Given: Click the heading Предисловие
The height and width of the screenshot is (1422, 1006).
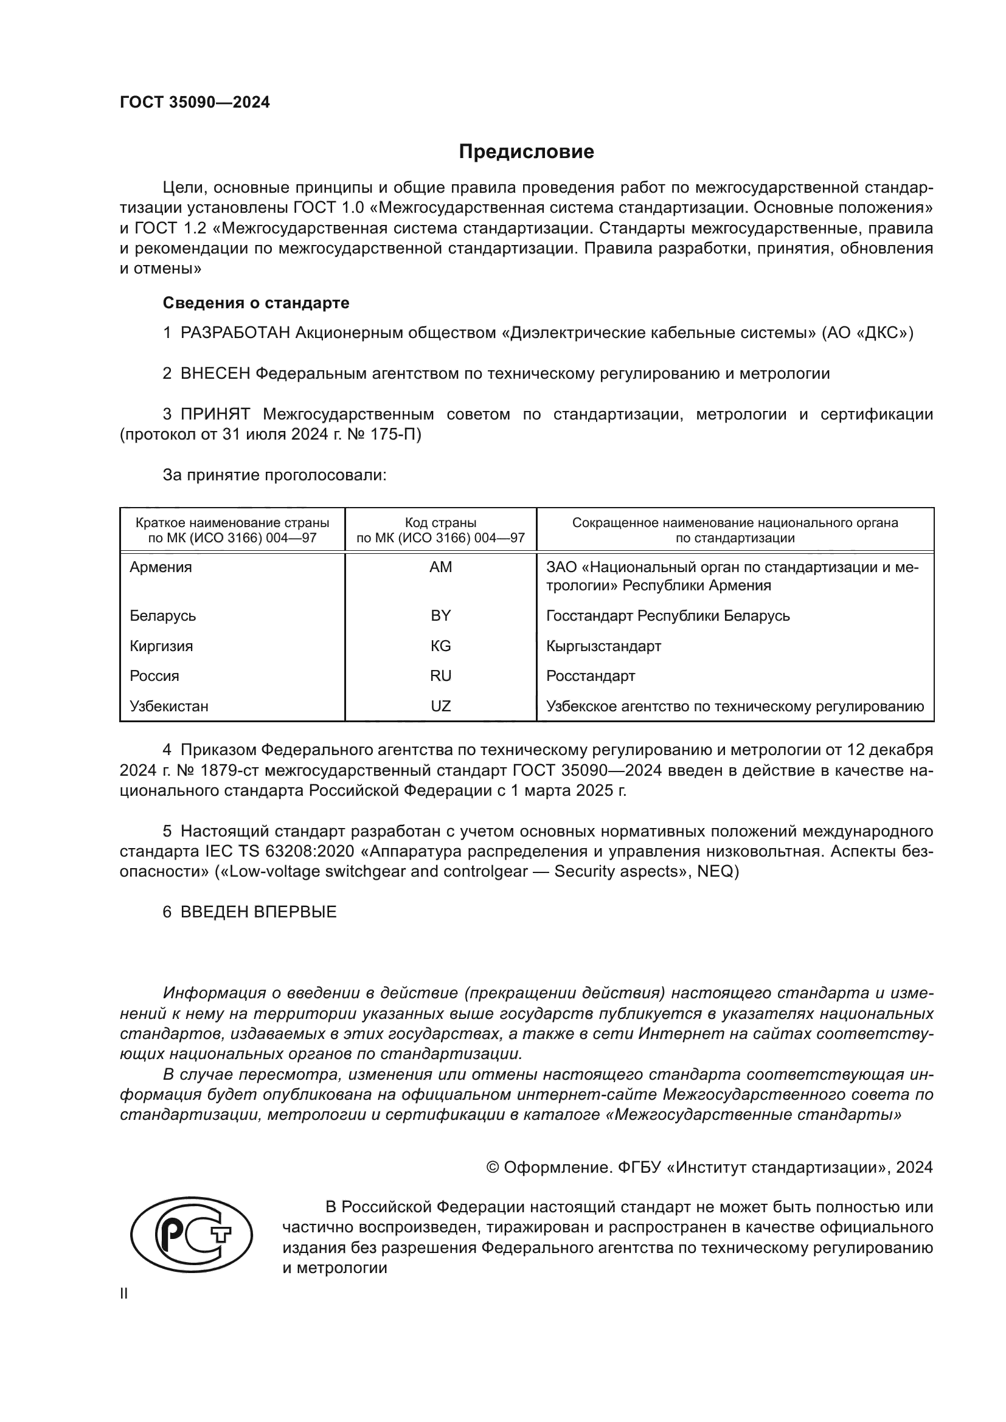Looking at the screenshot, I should (526, 152).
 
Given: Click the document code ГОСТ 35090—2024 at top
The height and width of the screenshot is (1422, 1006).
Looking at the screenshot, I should (195, 102).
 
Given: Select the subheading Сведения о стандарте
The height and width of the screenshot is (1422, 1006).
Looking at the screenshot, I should (255, 303).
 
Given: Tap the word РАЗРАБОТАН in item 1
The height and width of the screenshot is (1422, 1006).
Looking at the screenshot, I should (235, 333).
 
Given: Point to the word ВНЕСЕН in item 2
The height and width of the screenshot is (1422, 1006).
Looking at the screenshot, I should (215, 373).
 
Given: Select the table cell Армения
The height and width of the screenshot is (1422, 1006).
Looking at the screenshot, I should (161, 567).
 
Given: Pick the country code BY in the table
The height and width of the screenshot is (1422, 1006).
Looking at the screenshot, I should (440, 616).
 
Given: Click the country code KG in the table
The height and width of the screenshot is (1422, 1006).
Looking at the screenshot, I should (440, 646).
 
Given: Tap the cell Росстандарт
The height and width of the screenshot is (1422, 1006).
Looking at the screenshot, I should (591, 675).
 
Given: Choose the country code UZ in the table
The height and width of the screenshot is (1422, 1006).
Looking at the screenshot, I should (440, 706).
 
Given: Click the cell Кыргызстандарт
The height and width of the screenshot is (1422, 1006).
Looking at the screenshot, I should (603, 646).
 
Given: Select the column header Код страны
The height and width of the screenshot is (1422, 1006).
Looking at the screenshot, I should (440, 523).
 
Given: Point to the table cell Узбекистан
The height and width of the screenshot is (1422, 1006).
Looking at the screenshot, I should (168, 706).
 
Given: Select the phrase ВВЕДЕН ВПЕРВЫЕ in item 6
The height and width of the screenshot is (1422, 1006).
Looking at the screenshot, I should (258, 913).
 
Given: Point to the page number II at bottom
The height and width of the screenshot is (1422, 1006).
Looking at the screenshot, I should (123, 1294).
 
